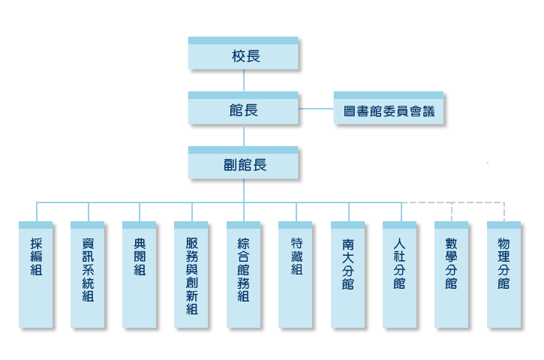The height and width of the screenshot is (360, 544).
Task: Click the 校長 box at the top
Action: [x=243, y=55]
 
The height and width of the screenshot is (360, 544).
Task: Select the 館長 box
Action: [x=243, y=109]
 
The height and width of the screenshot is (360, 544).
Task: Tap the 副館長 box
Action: [x=243, y=164]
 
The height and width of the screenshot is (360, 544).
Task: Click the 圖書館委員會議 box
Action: [x=388, y=111]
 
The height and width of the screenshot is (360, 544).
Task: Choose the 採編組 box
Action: [x=36, y=274]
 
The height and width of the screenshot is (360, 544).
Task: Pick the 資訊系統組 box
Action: [x=88, y=274]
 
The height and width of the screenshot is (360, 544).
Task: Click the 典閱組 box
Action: [x=140, y=274]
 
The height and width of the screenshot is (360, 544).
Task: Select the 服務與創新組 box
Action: [x=191, y=274]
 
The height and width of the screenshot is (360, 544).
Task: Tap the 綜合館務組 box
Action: [x=243, y=274]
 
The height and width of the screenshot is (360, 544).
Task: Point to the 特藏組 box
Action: [x=296, y=274]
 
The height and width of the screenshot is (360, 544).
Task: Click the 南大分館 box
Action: [x=347, y=274]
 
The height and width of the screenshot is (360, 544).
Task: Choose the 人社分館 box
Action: [x=399, y=274]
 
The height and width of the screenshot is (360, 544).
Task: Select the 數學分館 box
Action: [x=451, y=274]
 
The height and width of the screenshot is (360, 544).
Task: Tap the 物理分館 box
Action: [x=503, y=274]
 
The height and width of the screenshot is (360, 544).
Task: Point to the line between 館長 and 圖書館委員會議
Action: [x=316, y=109]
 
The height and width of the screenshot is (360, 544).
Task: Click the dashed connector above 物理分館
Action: [x=503, y=211]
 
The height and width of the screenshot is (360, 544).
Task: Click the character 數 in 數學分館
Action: [x=451, y=244]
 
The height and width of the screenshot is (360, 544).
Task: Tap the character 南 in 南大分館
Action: [x=347, y=244]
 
